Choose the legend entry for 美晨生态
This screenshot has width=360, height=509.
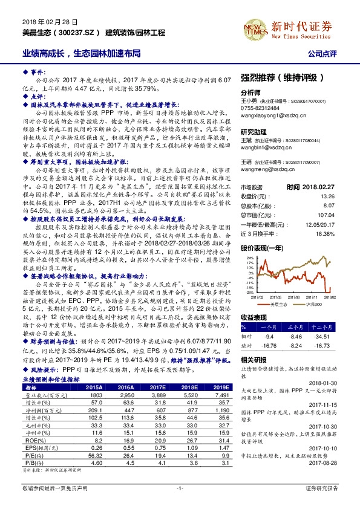[277, 305]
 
